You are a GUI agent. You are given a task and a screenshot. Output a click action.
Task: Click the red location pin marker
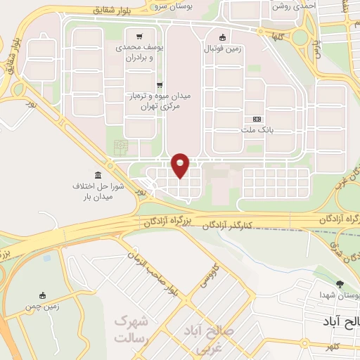point(181,165)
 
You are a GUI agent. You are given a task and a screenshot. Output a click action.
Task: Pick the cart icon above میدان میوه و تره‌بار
point(160,84)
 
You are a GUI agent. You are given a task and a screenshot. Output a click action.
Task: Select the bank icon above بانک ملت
point(257,119)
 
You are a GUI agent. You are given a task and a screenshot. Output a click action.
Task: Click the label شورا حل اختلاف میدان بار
point(98,192)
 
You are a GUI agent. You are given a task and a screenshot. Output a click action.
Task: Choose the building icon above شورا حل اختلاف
point(97,174)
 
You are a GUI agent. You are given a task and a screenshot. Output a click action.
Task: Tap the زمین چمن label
point(43,307)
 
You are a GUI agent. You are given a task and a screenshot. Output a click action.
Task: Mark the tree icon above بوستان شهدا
point(341,284)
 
